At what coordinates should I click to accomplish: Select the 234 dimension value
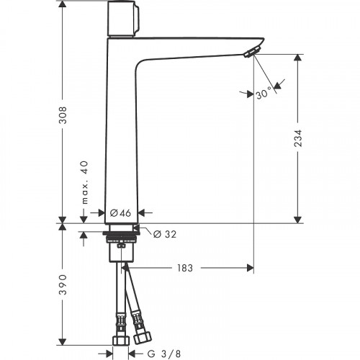(297, 138)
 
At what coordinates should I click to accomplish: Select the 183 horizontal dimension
(184, 268)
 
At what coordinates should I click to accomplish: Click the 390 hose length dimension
(63, 284)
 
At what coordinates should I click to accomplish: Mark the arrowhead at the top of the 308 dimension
(63, 4)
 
